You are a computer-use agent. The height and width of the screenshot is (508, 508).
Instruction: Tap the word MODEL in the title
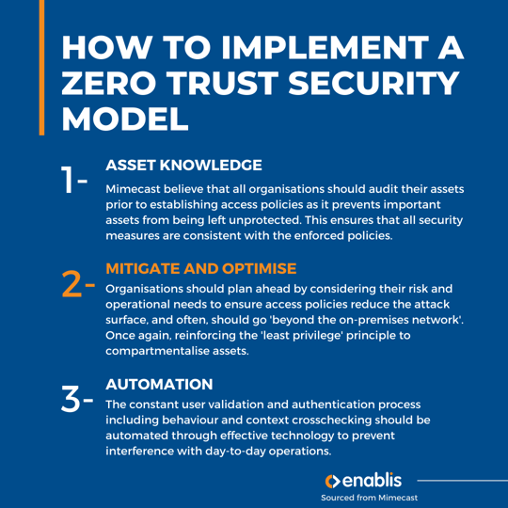(x=123, y=119)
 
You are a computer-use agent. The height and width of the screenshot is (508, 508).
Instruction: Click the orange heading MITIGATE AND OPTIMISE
(x=201, y=268)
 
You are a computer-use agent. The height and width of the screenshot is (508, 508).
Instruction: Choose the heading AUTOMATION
(x=161, y=384)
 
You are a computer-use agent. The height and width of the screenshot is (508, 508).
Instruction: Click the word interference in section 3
(x=151, y=451)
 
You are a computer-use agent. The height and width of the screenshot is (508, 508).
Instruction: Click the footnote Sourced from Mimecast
(x=369, y=497)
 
